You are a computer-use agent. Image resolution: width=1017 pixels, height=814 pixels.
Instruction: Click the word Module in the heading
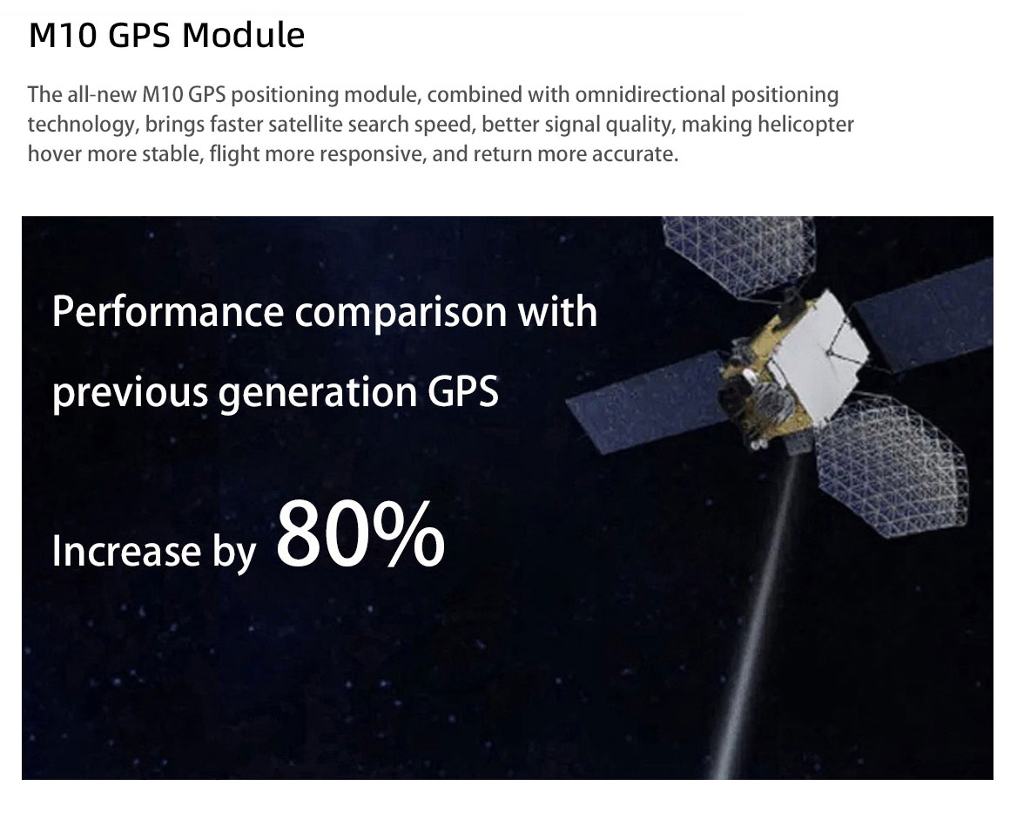[243, 35]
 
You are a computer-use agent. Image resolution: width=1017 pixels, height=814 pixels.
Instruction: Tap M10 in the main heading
[63, 36]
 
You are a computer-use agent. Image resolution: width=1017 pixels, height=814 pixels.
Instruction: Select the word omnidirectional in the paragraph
[650, 95]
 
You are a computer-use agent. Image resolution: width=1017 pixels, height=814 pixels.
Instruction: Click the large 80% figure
[360, 534]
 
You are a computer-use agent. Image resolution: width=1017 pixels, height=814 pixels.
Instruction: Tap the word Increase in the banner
[126, 551]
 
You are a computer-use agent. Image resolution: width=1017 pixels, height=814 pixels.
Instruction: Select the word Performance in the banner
[168, 312]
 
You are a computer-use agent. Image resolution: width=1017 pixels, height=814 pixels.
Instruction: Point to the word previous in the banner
[130, 394]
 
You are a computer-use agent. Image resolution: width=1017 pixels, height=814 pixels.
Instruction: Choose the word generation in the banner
[317, 394]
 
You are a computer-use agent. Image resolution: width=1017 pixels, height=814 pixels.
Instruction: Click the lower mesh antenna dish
[891, 465]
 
